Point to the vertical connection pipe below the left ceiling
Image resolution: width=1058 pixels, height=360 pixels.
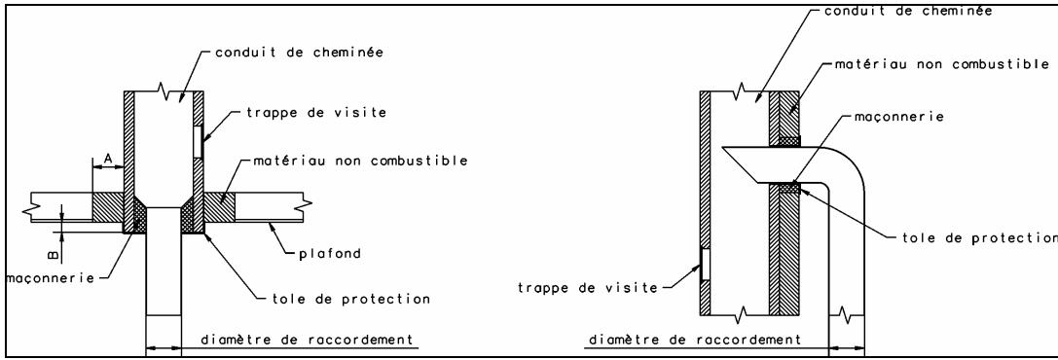coord(163,272)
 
